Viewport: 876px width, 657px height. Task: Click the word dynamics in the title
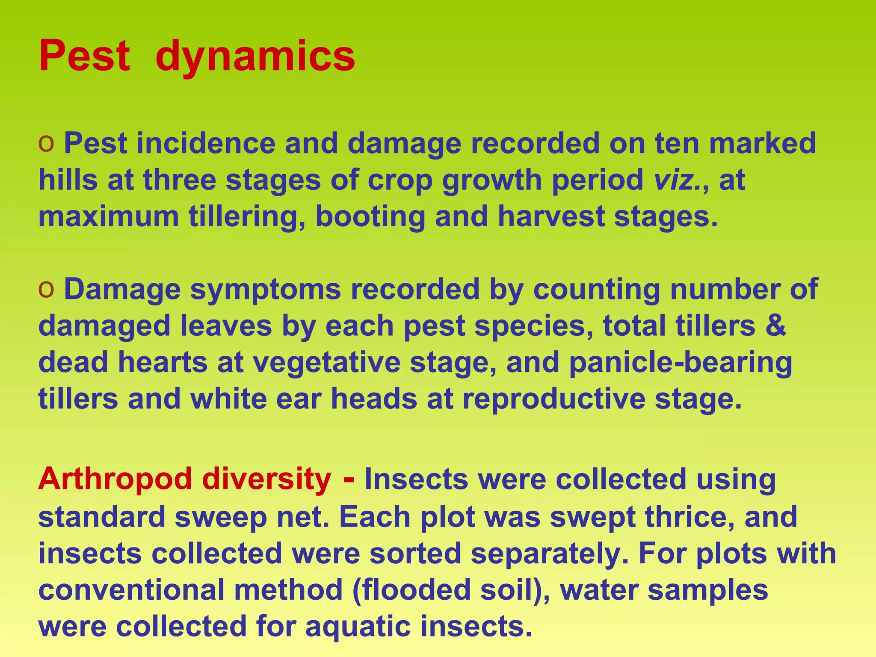tap(255, 56)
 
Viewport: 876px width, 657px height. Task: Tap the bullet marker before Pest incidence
tap(46, 144)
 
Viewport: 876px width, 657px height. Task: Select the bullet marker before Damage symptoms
tap(46, 290)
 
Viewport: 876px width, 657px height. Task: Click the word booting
tap(370, 216)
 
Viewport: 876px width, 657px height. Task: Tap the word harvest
tap(551, 216)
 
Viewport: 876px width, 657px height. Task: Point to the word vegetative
tap(326, 362)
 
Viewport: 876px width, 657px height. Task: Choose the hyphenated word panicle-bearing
tap(681, 362)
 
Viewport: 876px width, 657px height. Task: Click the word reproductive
tap(554, 399)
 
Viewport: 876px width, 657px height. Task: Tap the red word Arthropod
tap(115, 479)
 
